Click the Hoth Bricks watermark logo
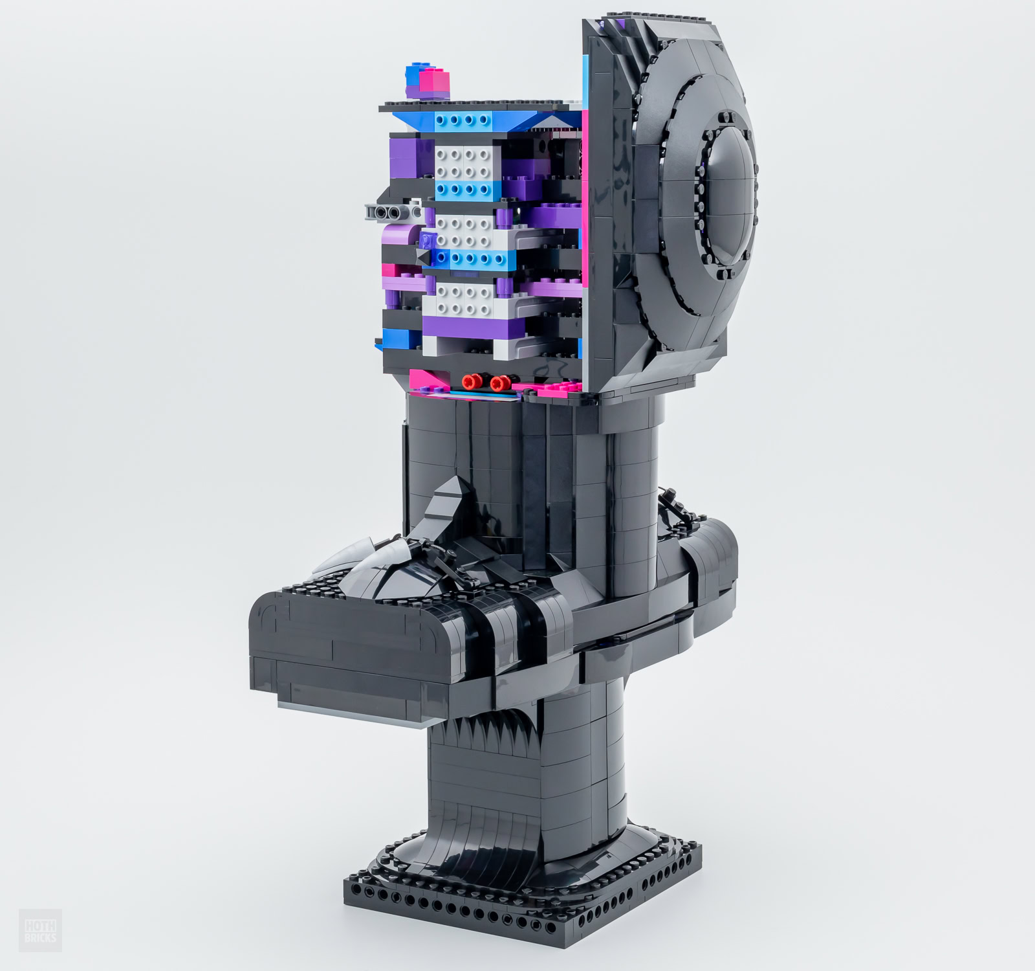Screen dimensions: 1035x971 pos(40,928)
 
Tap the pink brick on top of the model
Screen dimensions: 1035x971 pos(430,82)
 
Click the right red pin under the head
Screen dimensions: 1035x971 pos(499,383)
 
